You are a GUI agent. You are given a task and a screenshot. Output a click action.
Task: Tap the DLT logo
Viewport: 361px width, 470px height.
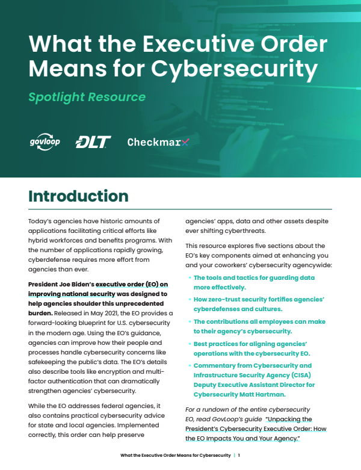pos(93,142)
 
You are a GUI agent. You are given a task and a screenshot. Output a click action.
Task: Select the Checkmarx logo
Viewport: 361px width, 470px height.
pos(158,142)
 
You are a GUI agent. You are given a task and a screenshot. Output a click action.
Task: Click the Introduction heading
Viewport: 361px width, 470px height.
pos(78,196)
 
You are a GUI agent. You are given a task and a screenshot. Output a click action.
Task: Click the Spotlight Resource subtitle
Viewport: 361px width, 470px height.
pos(87,96)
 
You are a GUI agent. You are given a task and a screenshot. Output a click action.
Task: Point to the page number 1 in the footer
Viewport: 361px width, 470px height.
pos(239,456)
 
